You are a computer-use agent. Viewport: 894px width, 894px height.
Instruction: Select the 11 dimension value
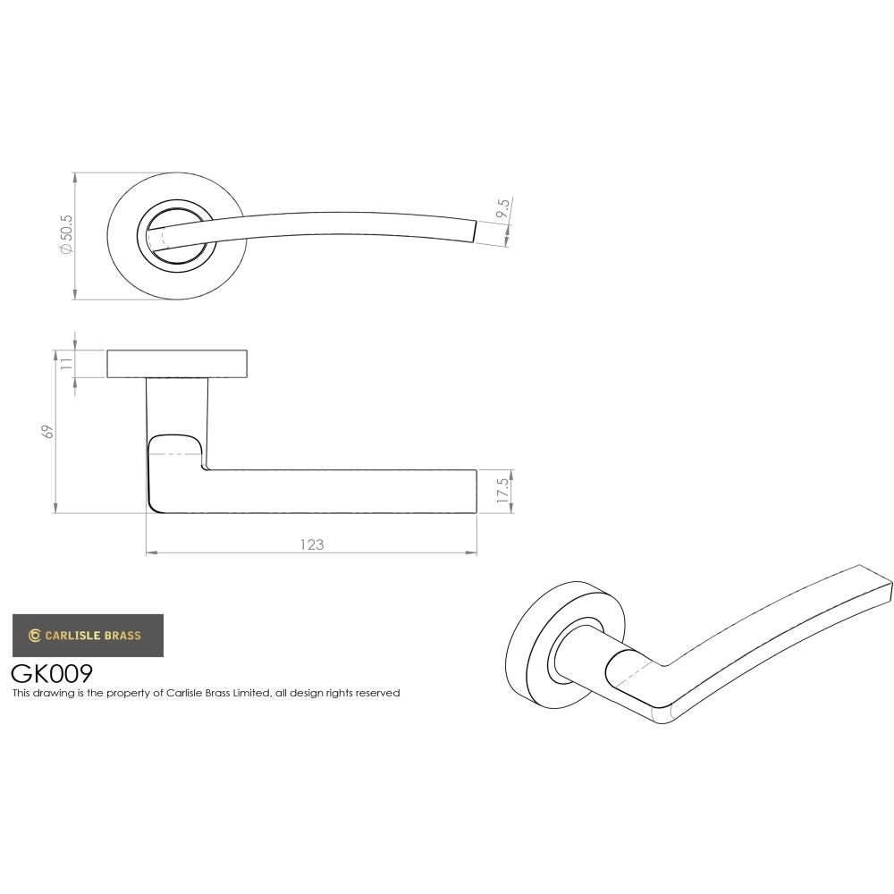(x=65, y=364)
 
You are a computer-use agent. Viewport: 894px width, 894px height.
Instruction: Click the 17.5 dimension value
(x=503, y=490)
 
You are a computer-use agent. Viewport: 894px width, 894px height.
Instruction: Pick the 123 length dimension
(x=311, y=544)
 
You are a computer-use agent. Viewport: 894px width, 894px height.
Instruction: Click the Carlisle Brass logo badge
(x=88, y=636)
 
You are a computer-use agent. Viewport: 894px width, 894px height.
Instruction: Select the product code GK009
(x=52, y=672)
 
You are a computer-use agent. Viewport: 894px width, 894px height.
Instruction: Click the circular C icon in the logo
(x=35, y=636)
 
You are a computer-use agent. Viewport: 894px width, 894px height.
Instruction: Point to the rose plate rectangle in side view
(x=178, y=364)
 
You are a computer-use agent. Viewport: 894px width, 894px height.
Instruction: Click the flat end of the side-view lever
(x=476, y=491)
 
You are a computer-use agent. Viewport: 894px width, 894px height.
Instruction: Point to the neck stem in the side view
(x=176, y=407)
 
